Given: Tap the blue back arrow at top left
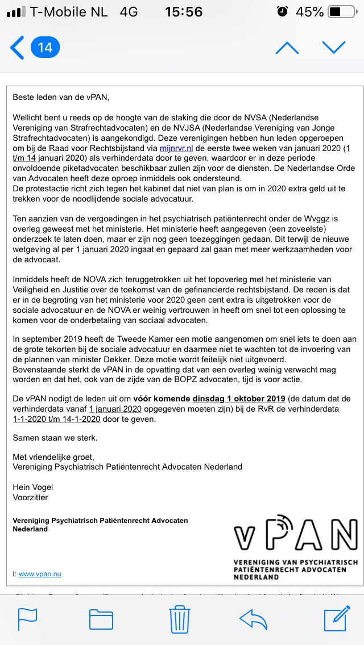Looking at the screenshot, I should coord(18,48).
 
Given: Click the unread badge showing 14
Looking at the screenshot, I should coord(45,48).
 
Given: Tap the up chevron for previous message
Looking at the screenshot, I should coord(287,48).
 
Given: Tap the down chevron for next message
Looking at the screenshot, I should coord(334,48).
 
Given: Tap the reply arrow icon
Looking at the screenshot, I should coord(254,618).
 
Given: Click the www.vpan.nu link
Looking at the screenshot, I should coord(40,574).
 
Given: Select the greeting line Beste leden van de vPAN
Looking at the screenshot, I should coord(60,97).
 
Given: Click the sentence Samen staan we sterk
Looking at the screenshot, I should coord(55,438).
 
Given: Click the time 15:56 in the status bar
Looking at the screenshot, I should coord(183,11).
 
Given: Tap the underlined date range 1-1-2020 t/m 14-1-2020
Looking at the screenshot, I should coord(57,419).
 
